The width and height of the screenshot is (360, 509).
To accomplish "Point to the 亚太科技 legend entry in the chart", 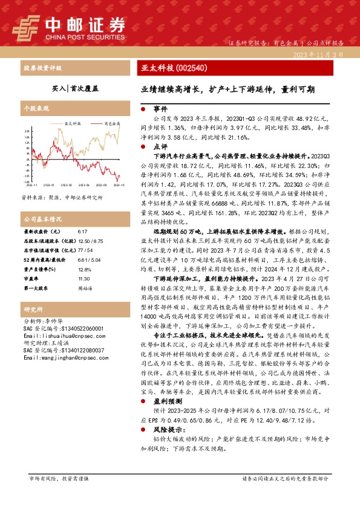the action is pyautogui.click(x=68, y=123).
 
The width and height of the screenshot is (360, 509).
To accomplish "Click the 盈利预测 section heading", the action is pyautogui.click(x=164, y=401).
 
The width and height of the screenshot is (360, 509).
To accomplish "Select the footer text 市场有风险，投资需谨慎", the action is pyautogui.click(x=59, y=478).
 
